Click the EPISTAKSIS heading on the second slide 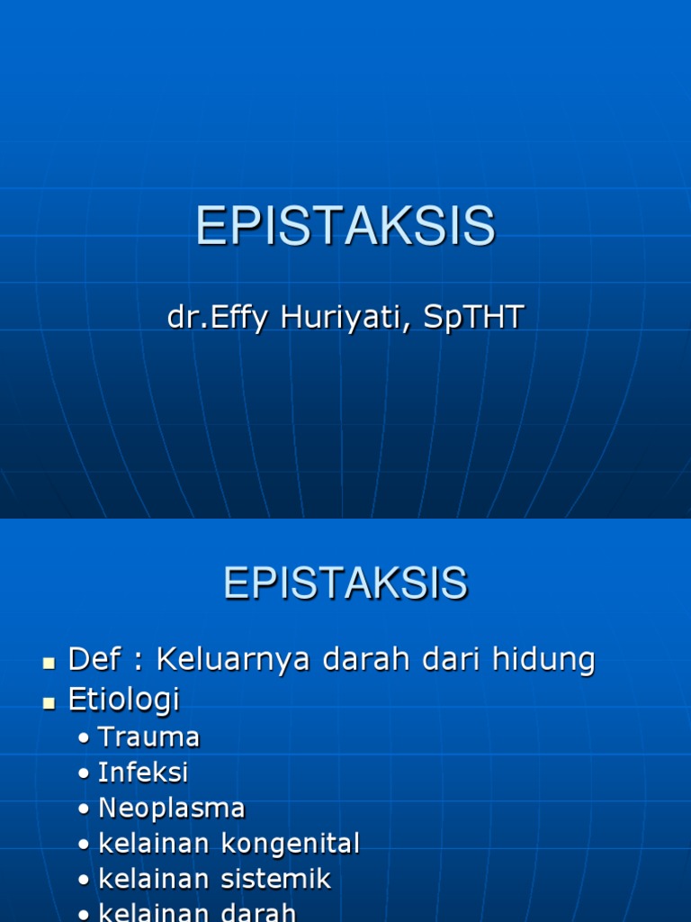coord(345,583)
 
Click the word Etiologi coord(124,699)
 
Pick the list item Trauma coord(148,737)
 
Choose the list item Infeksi coord(143,773)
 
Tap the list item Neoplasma coord(171,808)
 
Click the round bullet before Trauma coord(84,739)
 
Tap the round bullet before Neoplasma coord(84,809)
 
